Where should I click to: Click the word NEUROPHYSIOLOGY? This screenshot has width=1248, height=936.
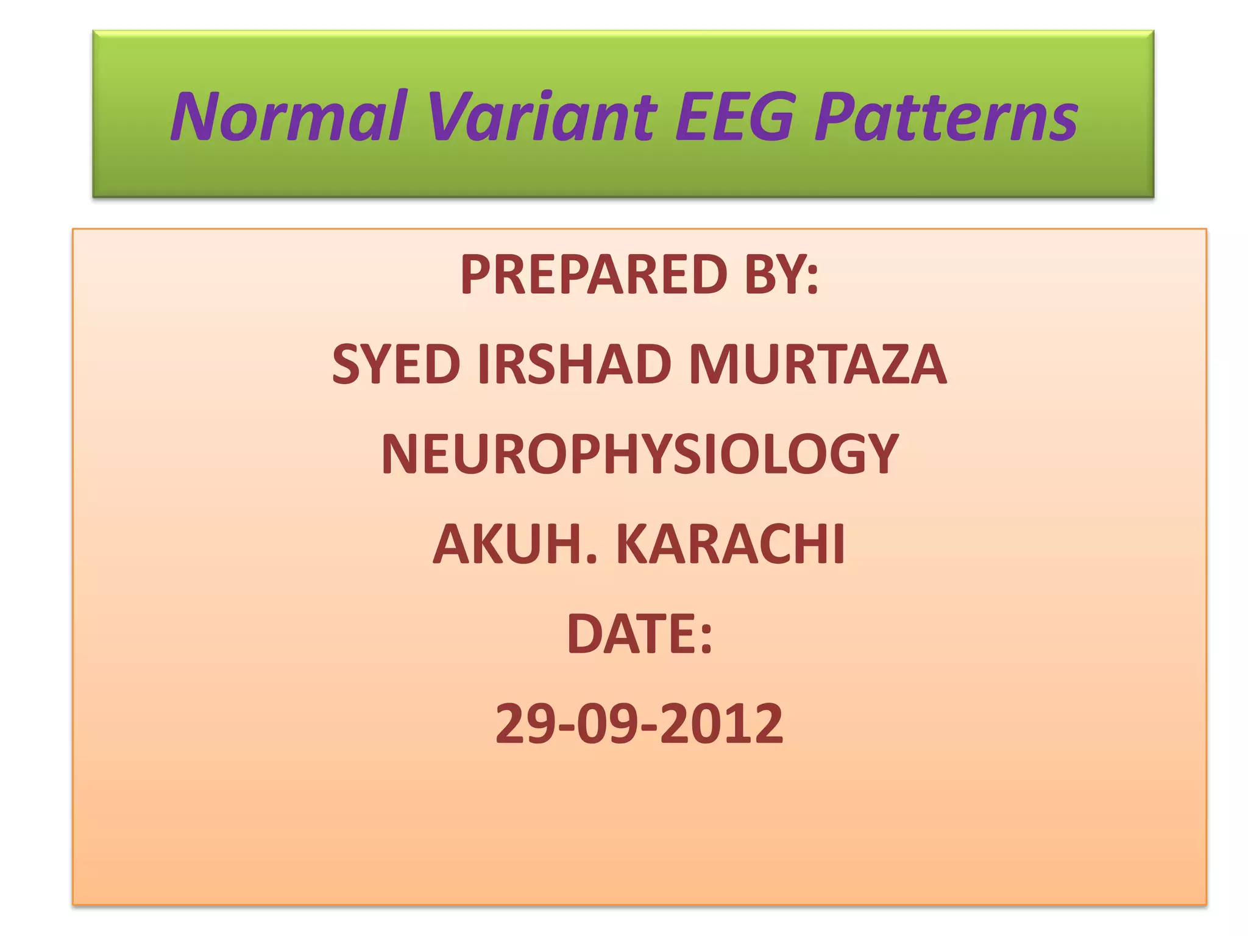[x=640, y=455]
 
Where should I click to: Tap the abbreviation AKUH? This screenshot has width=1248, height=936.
[x=516, y=544]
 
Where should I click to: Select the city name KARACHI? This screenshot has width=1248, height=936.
[x=731, y=544]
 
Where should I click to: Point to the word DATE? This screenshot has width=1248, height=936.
[x=640, y=634]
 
